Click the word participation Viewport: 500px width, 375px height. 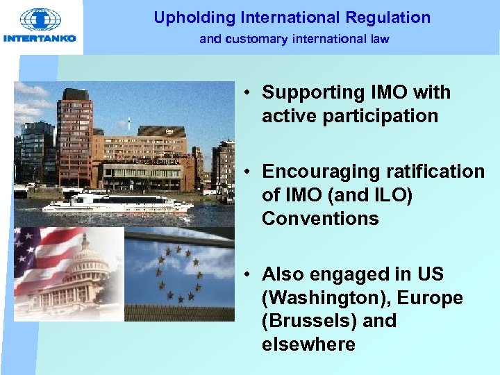click(x=350, y=115)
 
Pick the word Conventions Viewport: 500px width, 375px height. click(x=320, y=219)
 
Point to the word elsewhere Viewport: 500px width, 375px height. click(x=308, y=344)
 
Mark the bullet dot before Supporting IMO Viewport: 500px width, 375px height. click(x=247, y=93)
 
